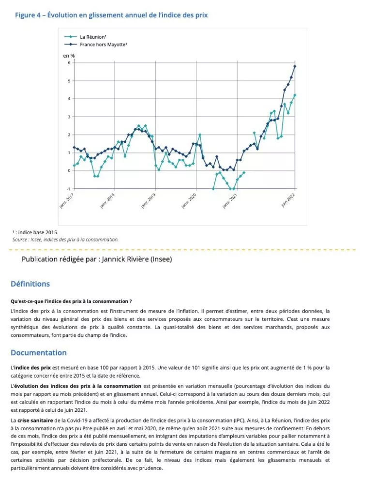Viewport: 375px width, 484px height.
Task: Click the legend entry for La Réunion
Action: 90,37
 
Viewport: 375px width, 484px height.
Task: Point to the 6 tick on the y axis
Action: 69,63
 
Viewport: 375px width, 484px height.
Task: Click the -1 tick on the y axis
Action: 68,189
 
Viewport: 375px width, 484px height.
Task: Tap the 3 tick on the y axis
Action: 69,117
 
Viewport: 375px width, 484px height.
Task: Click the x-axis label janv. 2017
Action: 66,200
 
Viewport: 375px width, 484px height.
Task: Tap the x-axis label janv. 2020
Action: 189,200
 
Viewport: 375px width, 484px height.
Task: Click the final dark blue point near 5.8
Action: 295,66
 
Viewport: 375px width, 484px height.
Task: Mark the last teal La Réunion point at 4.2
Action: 295,95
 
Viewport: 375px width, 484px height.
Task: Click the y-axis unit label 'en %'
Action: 69,56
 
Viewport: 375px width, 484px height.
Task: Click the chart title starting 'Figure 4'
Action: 111,15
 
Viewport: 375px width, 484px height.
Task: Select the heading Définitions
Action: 30,284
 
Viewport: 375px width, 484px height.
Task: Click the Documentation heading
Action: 39,352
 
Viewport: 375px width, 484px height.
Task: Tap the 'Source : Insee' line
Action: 65,239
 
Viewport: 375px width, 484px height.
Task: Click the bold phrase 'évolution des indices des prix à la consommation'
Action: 77,386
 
